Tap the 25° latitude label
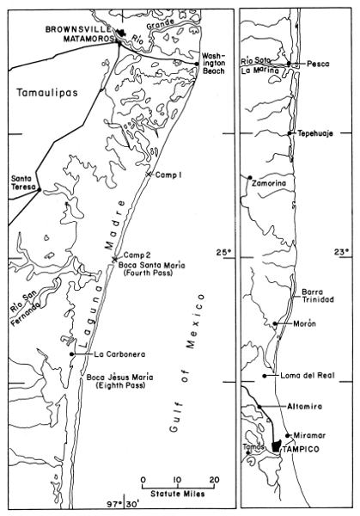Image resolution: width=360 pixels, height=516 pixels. coord(223,253)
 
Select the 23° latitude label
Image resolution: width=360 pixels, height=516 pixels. coord(341,253)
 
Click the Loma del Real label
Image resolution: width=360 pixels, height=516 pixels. coord(302,376)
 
